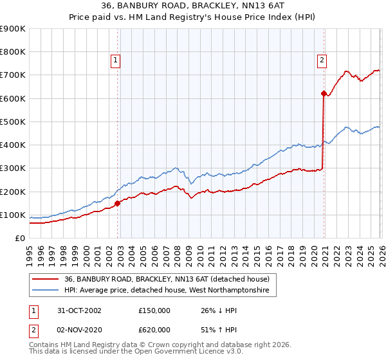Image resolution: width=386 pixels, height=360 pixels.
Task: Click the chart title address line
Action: click(192, 6)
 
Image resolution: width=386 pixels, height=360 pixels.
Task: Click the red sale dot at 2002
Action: click(118, 203)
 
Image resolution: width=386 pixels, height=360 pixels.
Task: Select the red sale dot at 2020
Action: click(324, 93)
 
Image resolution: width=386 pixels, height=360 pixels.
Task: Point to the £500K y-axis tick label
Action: click(13, 122)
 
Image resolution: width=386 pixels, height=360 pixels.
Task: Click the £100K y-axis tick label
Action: click(13, 215)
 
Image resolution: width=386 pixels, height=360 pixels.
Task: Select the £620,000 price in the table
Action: click(154, 329)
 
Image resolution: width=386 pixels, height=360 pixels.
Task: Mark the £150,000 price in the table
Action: click(154, 310)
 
